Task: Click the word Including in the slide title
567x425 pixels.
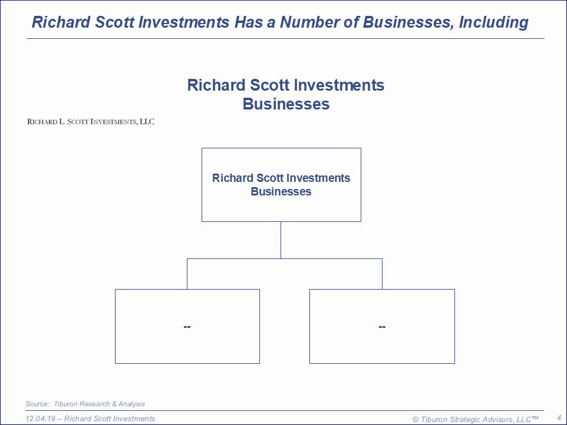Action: click(493, 23)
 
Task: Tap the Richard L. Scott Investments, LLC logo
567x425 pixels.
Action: click(91, 122)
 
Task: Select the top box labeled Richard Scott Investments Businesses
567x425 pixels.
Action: click(281, 185)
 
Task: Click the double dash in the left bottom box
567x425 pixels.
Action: click(187, 327)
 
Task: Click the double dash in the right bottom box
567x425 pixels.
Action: click(382, 327)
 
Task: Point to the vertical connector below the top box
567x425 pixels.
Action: click(281, 240)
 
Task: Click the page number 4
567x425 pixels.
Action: click(559, 418)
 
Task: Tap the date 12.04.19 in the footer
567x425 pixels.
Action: click(41, 419)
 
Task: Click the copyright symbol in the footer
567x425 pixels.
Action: click(416, 420)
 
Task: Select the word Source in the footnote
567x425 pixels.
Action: click(37, 404)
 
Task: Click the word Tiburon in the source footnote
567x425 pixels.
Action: click(67, 404)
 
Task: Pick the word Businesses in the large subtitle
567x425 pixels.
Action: click(286, 104)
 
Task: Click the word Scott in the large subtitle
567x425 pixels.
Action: click(270, 85)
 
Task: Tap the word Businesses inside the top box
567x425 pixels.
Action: click(281, 191)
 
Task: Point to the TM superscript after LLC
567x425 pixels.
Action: click(535, 418)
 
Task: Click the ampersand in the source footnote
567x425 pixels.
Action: click(114, 404)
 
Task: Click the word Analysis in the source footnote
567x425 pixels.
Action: click(131, 404)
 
